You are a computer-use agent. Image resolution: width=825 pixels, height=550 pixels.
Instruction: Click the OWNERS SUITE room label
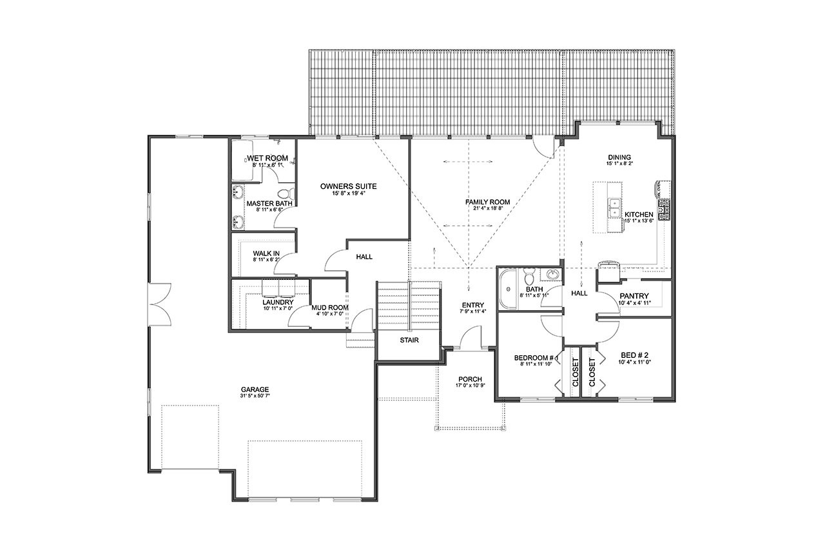(x=348, y=186)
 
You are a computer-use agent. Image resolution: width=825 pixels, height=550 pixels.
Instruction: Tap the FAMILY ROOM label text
(x=487, y=202)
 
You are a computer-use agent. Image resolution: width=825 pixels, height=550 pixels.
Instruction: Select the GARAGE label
(x=255, y=389)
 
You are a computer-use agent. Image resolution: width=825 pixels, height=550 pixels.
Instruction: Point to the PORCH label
(x=470, y=378)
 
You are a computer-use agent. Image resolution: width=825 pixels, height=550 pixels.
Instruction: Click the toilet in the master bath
(x=284, y=193)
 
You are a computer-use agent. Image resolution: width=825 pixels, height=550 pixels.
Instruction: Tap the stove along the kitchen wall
(x=663, y=208)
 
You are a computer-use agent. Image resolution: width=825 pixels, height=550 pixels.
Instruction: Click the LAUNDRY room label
(x=278, y=302)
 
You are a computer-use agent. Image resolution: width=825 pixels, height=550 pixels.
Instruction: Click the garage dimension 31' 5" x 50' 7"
(x=255, y=397)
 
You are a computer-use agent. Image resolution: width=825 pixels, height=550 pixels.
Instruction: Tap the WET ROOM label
(x=267, y=159)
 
